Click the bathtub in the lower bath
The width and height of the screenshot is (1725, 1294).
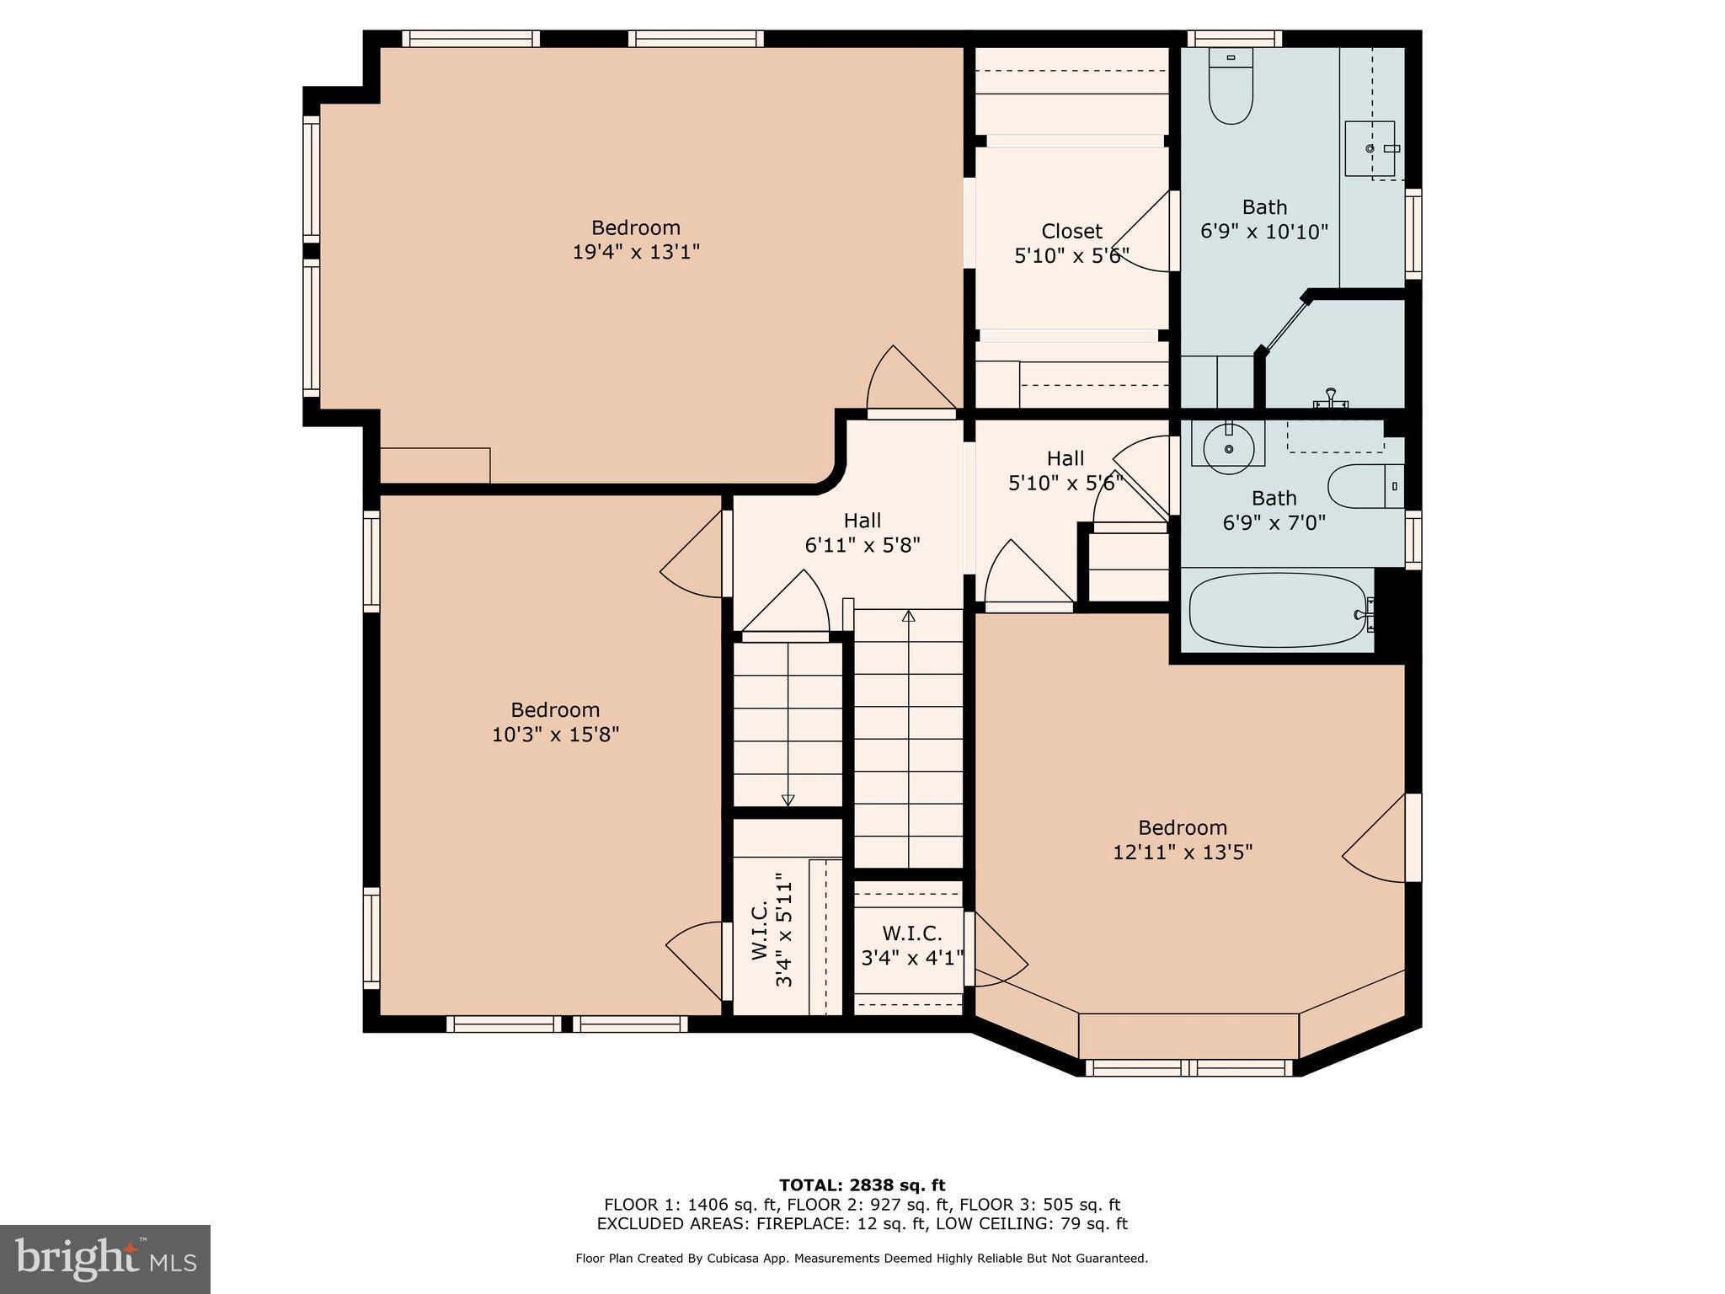(1275, 611)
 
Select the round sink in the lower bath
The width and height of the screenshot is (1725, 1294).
(1229, 446)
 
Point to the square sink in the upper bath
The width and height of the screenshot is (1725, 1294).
(1370, 148)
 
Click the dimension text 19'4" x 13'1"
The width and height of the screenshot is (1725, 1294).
(636, 252)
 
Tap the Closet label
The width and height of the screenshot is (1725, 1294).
(1071, 231)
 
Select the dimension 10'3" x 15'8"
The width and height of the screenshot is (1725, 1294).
(555, 735)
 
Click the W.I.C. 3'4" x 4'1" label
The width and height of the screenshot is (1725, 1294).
(912, 945)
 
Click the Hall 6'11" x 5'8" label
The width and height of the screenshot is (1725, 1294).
(862, 532)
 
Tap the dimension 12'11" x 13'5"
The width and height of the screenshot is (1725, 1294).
(1183, 852)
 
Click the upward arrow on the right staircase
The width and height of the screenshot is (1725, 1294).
(908, 617)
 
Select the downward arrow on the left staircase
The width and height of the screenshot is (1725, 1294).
(788, 799)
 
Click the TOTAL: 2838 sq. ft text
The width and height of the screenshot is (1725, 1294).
(862, 1185)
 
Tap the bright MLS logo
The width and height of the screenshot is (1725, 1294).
(104, 1259)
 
